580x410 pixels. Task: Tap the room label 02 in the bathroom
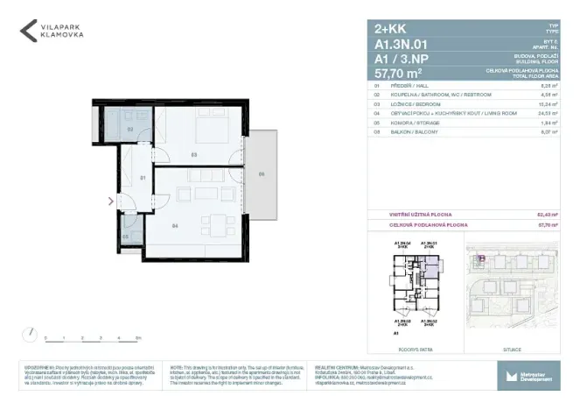pos(130,129)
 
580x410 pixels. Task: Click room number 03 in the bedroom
pos(194,156)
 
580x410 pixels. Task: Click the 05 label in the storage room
pos(125,236)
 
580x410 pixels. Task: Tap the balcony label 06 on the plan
pos(261,174)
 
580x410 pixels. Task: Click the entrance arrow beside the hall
pos(109,201)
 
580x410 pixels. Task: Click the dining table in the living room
pos(204,193)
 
